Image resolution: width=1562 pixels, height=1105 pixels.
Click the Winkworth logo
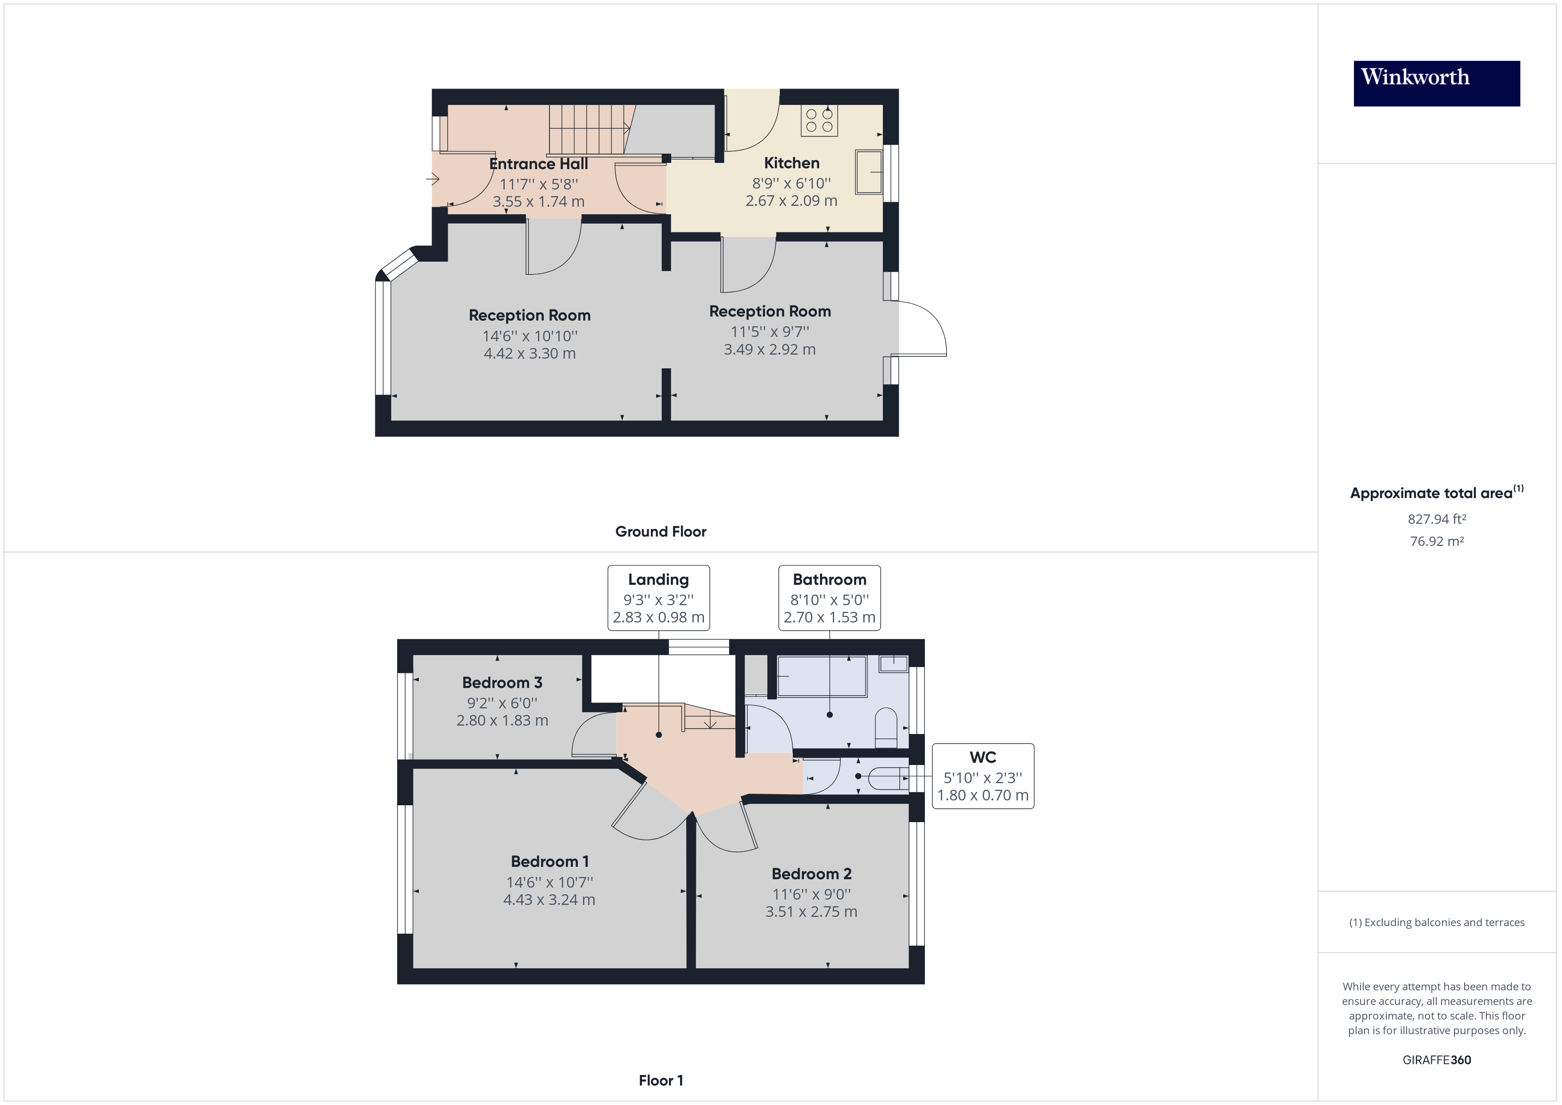tap(1436, 84)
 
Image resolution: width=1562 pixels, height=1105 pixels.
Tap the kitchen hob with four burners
tap(819, 120)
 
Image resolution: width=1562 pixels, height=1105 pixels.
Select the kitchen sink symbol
tap(869, 172)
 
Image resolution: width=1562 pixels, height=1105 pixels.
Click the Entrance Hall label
tap(538, 164)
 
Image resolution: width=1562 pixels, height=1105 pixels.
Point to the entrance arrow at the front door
tap(433, 180)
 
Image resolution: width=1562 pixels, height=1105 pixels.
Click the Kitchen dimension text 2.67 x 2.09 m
tap(791, 201)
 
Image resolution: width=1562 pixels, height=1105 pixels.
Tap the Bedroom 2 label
tap(811, 873)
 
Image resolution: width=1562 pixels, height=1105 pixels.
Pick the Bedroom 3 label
tap(502, 683)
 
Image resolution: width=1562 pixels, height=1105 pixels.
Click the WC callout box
tap(982, 776)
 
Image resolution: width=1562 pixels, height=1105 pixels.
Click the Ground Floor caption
tap(661, 531)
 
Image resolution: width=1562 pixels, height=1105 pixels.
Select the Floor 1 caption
tap(661, 1081)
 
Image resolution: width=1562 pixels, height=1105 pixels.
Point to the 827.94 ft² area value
tap(1436, 519)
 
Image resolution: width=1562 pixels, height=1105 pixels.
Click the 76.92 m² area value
tap(1436, 541)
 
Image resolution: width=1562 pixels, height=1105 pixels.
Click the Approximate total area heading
tap(1436, 493)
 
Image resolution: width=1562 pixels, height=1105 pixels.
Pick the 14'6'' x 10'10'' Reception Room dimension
tap(529, 336)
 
